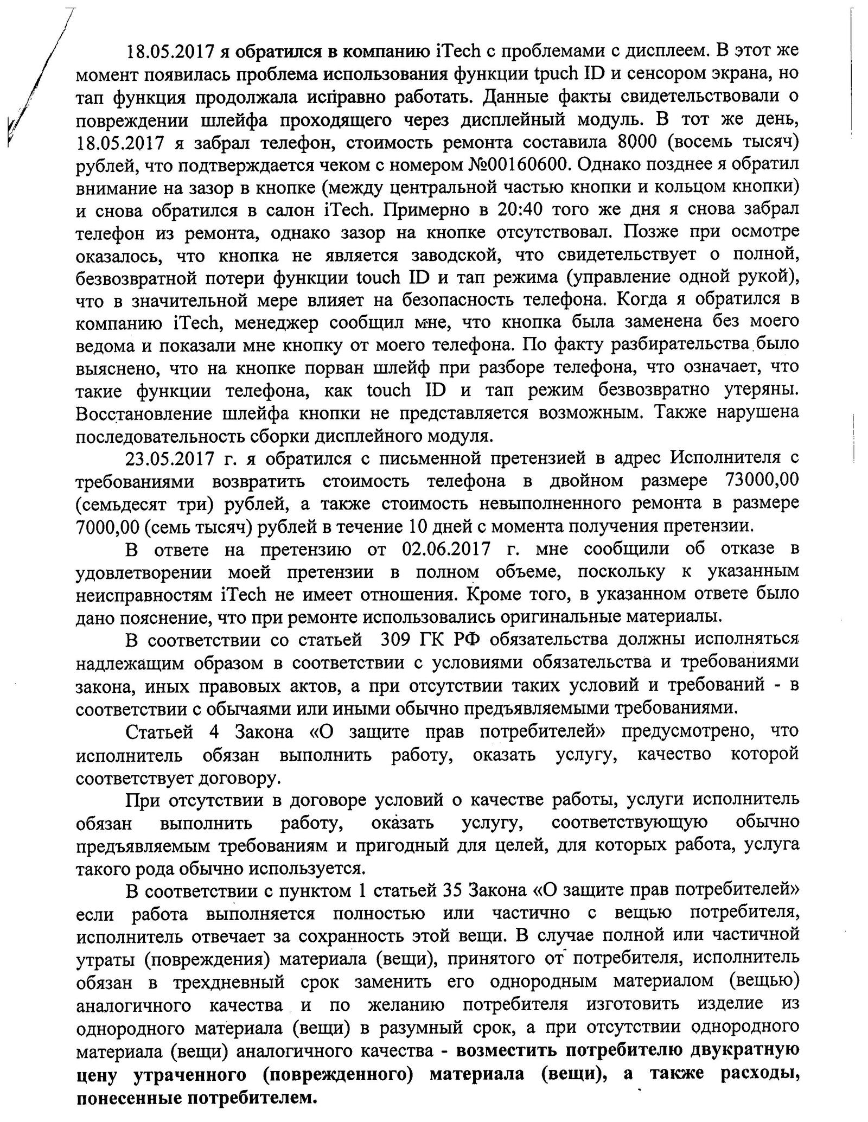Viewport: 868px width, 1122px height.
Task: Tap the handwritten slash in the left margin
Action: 38,81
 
